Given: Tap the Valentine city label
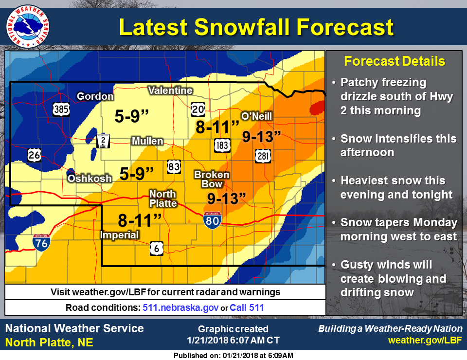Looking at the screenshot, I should point(170,90).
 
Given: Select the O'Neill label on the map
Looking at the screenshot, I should point(256,116).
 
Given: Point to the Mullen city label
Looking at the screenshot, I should point(147,141).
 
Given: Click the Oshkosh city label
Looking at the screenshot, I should point(90,179).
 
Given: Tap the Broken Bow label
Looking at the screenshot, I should point(212,179).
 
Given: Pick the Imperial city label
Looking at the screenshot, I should point(119,235).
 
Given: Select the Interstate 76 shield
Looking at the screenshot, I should point(41,242).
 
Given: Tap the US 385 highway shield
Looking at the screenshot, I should point(61,109).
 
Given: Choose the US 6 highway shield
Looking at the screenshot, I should point(156,247).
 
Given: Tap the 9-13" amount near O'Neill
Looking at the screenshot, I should point(262,137).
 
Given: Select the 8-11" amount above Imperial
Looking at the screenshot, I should point(140,220).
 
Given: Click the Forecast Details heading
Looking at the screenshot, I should point(394,61).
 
